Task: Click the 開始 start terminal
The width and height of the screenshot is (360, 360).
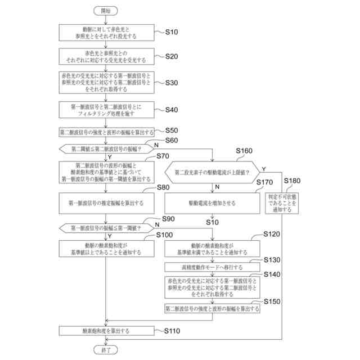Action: [x=106, y=11]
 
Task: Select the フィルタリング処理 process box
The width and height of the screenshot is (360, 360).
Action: [x=106, y=109]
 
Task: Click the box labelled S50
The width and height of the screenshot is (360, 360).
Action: [x=106, y=132]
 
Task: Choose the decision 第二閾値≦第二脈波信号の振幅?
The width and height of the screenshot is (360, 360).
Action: [x=106, y=149]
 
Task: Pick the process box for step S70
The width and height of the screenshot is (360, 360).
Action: [x=106, y=172]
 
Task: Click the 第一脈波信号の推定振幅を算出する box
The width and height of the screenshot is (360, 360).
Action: [x=106, y=202]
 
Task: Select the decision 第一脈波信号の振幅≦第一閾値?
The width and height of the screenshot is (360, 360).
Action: [x=106, y=228]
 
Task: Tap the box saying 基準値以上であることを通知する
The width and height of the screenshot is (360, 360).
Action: [x=106, y=249]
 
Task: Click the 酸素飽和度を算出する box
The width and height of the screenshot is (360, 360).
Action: [x=106, y=332]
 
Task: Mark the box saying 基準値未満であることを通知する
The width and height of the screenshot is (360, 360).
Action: [x=211, y=249]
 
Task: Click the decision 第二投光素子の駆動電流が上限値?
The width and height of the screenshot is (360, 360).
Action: [x=211, y=172]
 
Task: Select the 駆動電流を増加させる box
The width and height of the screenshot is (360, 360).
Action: [x=211, y=202]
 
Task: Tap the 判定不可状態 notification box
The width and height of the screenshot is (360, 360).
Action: [x=283, y=202]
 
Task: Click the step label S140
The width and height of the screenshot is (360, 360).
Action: [x=271, y=274]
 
